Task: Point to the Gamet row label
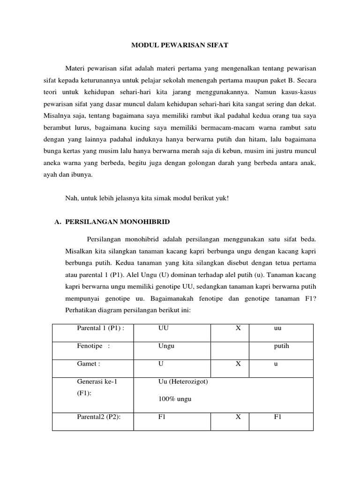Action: pyautogui.click(x=89, y=364)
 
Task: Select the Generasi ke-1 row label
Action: pyautogui.click(x=97, y=382)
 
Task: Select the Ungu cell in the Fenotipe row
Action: pyautogui.click(x=166, y=346)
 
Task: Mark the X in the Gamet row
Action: pyautogui.click(x=238, y=364)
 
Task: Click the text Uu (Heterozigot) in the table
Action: pyautogui.click(x=184, y=382)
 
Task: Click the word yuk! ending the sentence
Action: pyautogui.click(x=221, y=197)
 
